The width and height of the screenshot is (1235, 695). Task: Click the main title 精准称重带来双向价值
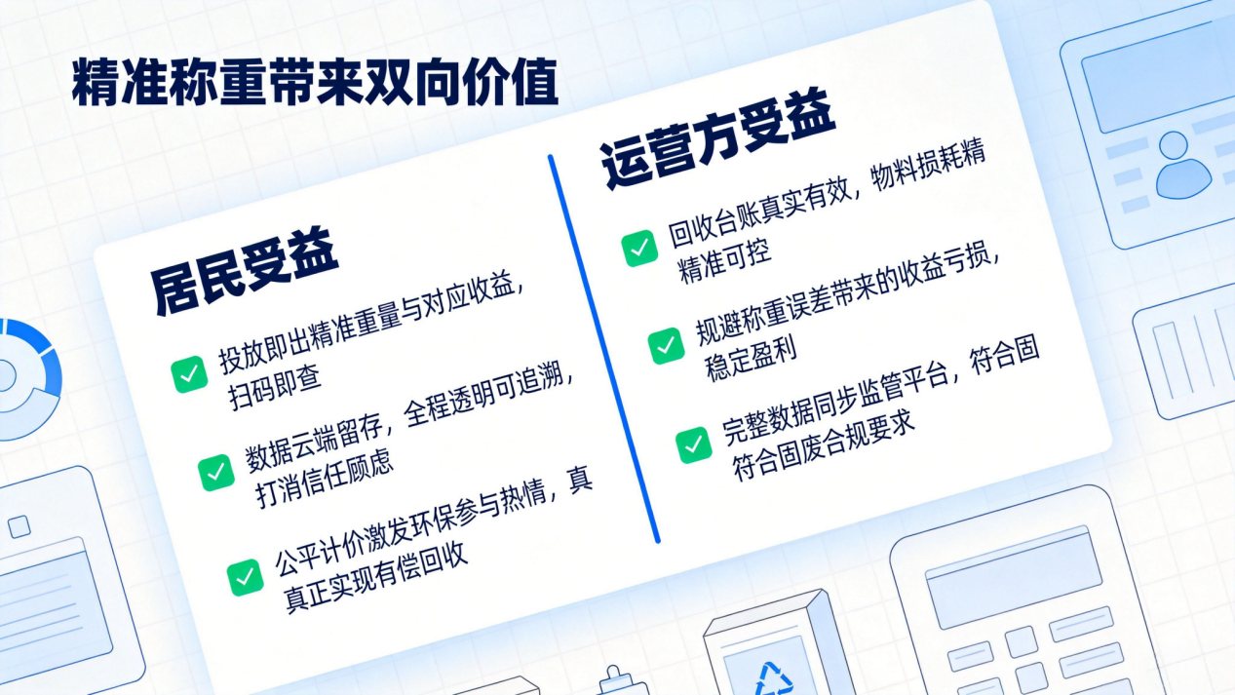(x=315, y=82)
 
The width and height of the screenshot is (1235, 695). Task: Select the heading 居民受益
(x=245, y=272)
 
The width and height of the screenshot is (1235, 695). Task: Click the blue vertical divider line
(x=603, y=349)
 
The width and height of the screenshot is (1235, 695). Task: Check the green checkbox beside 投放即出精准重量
(x=189, y=374)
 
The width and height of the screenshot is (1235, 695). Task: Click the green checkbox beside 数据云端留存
(x=215, y=473)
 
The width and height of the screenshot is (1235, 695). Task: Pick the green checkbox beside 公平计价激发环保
(x=245, y=577)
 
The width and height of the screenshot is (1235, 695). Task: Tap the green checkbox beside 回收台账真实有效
(x=639, y=249)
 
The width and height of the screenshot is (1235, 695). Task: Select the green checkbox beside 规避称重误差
(x=666, y=346)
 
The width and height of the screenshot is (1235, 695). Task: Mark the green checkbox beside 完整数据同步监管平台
(x=694, y=444)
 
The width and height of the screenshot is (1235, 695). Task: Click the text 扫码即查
(x=274, y=390)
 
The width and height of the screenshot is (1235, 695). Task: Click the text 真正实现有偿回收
(x=375, y=579)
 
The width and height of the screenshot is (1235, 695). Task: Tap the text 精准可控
(x=723, y=262)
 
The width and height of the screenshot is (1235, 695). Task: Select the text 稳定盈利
(x=751, y=360)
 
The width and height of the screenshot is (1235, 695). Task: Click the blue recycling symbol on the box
(x=774, y=679)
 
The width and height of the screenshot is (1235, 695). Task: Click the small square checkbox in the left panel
(x=19, y=526)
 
